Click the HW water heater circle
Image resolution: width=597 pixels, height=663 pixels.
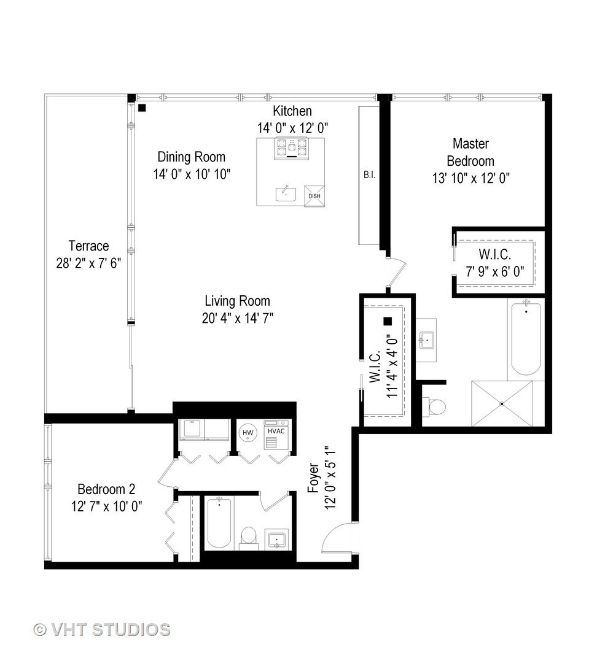tap(248, 433)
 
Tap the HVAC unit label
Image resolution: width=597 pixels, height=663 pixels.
tap(275, 432)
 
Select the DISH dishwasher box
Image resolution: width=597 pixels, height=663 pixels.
tap(314, 196)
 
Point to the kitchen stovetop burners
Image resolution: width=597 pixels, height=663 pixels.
tap(291, 147)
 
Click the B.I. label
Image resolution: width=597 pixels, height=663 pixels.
tap(369, 175)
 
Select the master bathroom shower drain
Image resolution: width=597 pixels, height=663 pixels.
tap(502, 403)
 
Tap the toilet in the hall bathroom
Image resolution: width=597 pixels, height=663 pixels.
tap(248, 535)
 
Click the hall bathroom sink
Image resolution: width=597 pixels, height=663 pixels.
tap(276, 538)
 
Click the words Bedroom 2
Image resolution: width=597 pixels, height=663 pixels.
tap(106, 489)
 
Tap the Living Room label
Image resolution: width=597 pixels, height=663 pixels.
tap(237, 301)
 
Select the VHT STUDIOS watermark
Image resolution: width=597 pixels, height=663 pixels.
tap(102, 629)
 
